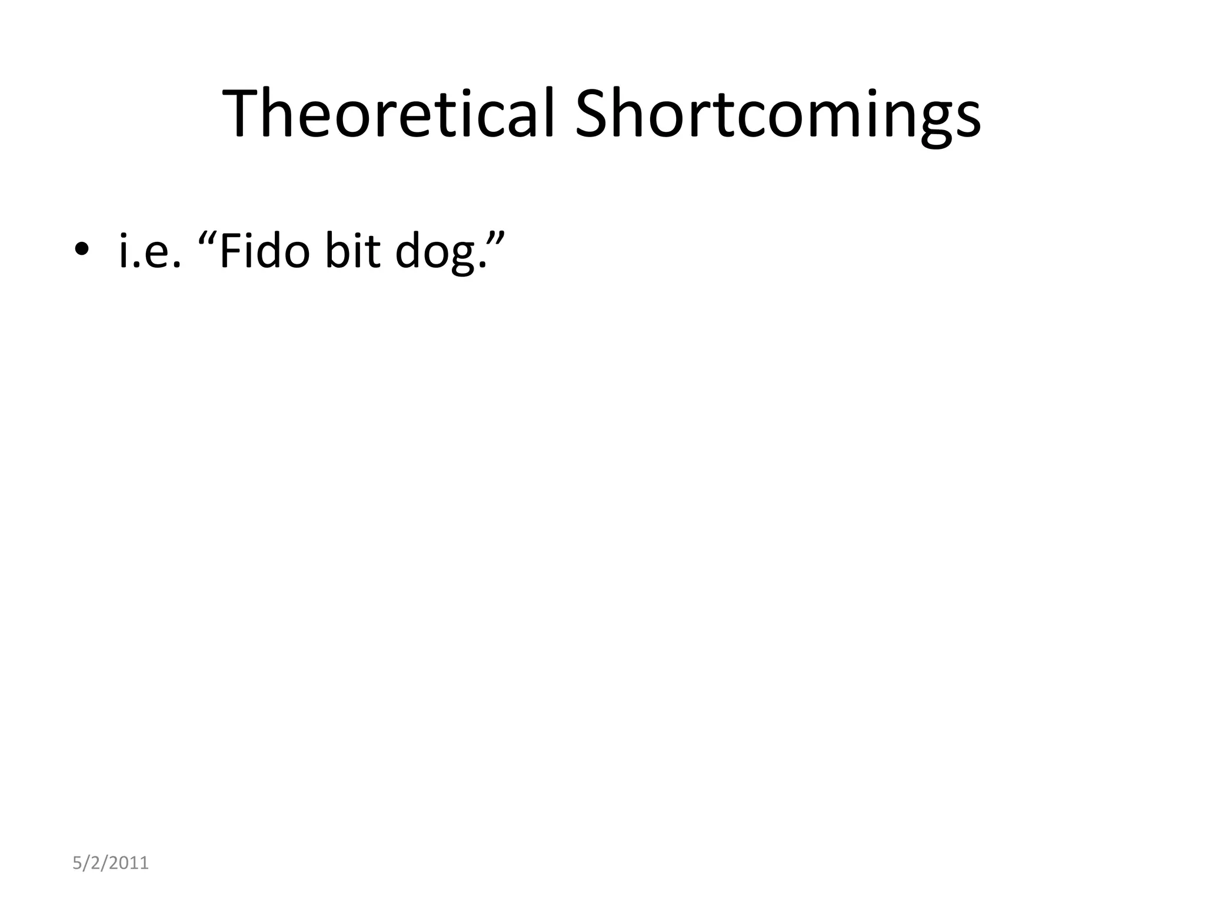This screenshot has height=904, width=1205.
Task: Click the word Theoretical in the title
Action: click(x=389, y=114)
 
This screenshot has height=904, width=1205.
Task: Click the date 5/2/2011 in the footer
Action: click(x=111, y=863)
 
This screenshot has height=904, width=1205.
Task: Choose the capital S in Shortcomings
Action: click(x=596, y=114)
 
